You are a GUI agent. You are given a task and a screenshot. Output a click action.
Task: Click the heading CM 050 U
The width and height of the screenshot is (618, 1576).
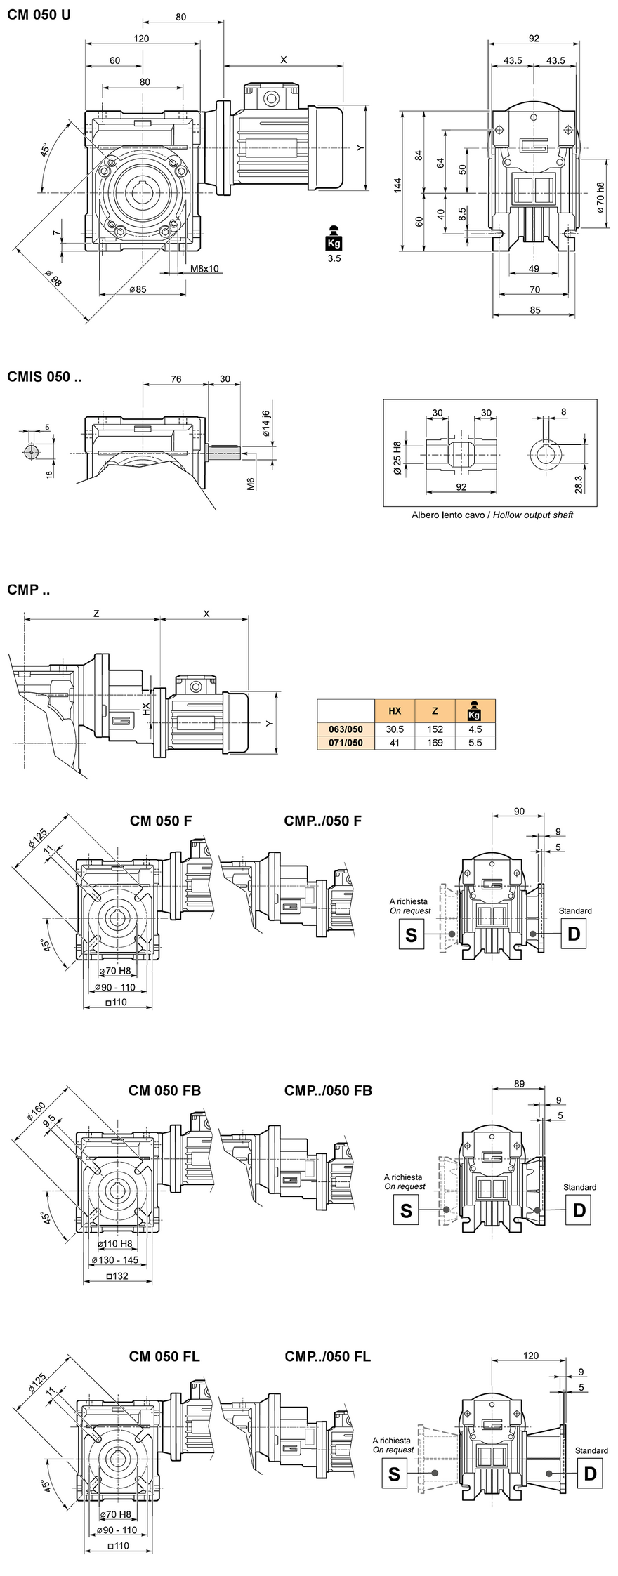click(39, 15)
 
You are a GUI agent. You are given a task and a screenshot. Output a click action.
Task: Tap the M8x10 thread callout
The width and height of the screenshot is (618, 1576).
click(204, 268)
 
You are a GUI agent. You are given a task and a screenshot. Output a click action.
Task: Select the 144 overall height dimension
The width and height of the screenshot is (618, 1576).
click(397, 185)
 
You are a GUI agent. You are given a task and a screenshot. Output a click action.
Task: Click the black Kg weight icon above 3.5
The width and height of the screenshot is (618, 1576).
click(334, 238)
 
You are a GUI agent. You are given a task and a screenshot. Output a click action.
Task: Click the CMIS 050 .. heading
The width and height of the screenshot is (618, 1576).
click(44, 377)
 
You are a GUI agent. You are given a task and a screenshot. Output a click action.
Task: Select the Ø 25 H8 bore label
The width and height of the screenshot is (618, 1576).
click(397, 458)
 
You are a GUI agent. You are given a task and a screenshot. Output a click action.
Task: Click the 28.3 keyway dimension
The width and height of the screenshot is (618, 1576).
click(579, 484)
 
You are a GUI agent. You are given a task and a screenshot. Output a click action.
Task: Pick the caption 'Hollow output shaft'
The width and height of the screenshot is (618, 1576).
click(533, 515)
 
